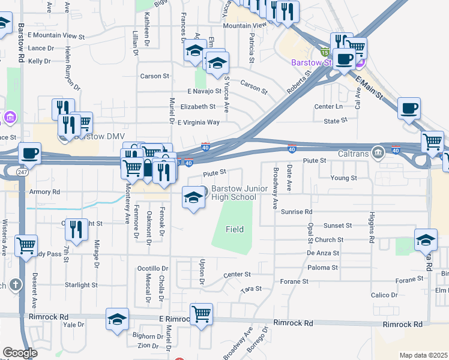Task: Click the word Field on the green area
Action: (x=235, y=229)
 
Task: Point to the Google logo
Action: (x=20, y=353)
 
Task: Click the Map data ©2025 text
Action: (x=423, y=355)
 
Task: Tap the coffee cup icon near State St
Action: (x=409, y=109)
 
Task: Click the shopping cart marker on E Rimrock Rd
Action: (x=201, y=314)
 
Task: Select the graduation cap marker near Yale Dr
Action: (x=117, y=319)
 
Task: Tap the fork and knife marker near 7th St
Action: (x=76, y=229)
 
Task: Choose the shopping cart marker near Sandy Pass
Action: (x=26, y=245)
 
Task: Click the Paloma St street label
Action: (x=323, y=267)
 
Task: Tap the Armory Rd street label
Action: (x=44, y=192)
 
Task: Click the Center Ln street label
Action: (x=328, y=107)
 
